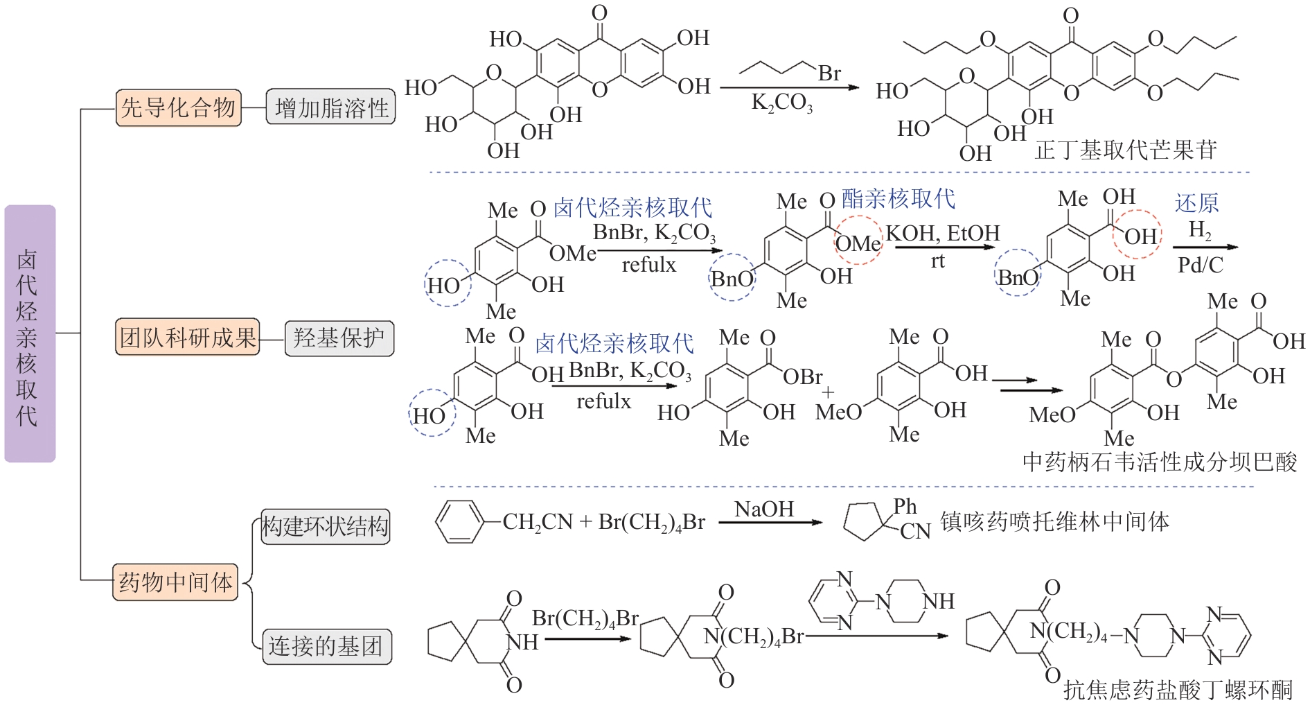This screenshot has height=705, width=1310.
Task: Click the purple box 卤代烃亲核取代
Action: pyautogui.click(x=29, y=333)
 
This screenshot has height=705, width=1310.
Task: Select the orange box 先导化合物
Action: pyautogui.click(x=178, y=107)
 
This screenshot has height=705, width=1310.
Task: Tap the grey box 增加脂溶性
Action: pyautogui.click(x=330, y=107)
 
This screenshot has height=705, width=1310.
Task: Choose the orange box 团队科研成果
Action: pyautogui.click(x=187, y=338)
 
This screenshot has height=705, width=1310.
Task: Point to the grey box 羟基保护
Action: pyautogui.click(x=339, y=338)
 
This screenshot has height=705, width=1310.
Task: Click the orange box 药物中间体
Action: pyautogui.click(x=175, y=582)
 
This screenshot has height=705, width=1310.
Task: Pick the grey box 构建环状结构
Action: pyautogui.click(x=324, y=526)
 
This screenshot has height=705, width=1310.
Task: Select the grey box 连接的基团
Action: pyautogui.click(x=326, y=646)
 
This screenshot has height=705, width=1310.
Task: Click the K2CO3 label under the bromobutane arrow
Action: pyautogui.click(x=782, y=103)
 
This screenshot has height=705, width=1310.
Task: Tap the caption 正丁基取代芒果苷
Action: pyautogui.click(x=1126, y=150)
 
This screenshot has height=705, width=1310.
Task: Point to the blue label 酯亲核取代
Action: pyautogui.click(x=899, y=199)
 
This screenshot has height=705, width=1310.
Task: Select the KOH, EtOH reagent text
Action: pyautogui.click(x=943, y=233)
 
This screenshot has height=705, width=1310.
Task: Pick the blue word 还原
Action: pyautogui.click(x=1196, y=202)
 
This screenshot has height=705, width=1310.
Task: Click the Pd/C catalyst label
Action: pyautogui.click(x=1201, y=264)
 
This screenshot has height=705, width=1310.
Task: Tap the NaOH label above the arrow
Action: pyautogui.click(x=764, y=509)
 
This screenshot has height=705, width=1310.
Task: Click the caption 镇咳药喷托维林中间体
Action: pyautogui.click(x=1054, y=521)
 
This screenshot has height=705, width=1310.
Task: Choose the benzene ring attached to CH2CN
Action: pyautogui.click(x=459, y=522)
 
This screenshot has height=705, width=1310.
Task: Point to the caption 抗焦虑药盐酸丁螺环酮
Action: pyautogui.click(x=1178, y=689)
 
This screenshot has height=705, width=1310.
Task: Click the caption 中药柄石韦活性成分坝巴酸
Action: pyautogui.click(x=1159, y=462)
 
